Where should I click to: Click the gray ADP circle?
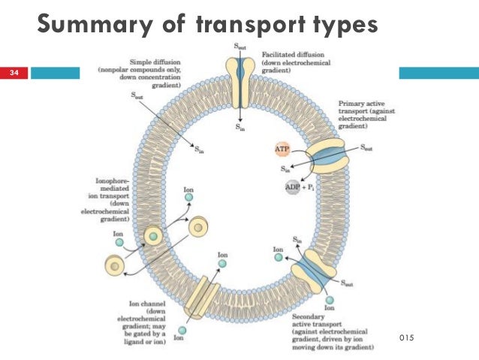[293, 186]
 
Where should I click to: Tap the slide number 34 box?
[14, 73]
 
